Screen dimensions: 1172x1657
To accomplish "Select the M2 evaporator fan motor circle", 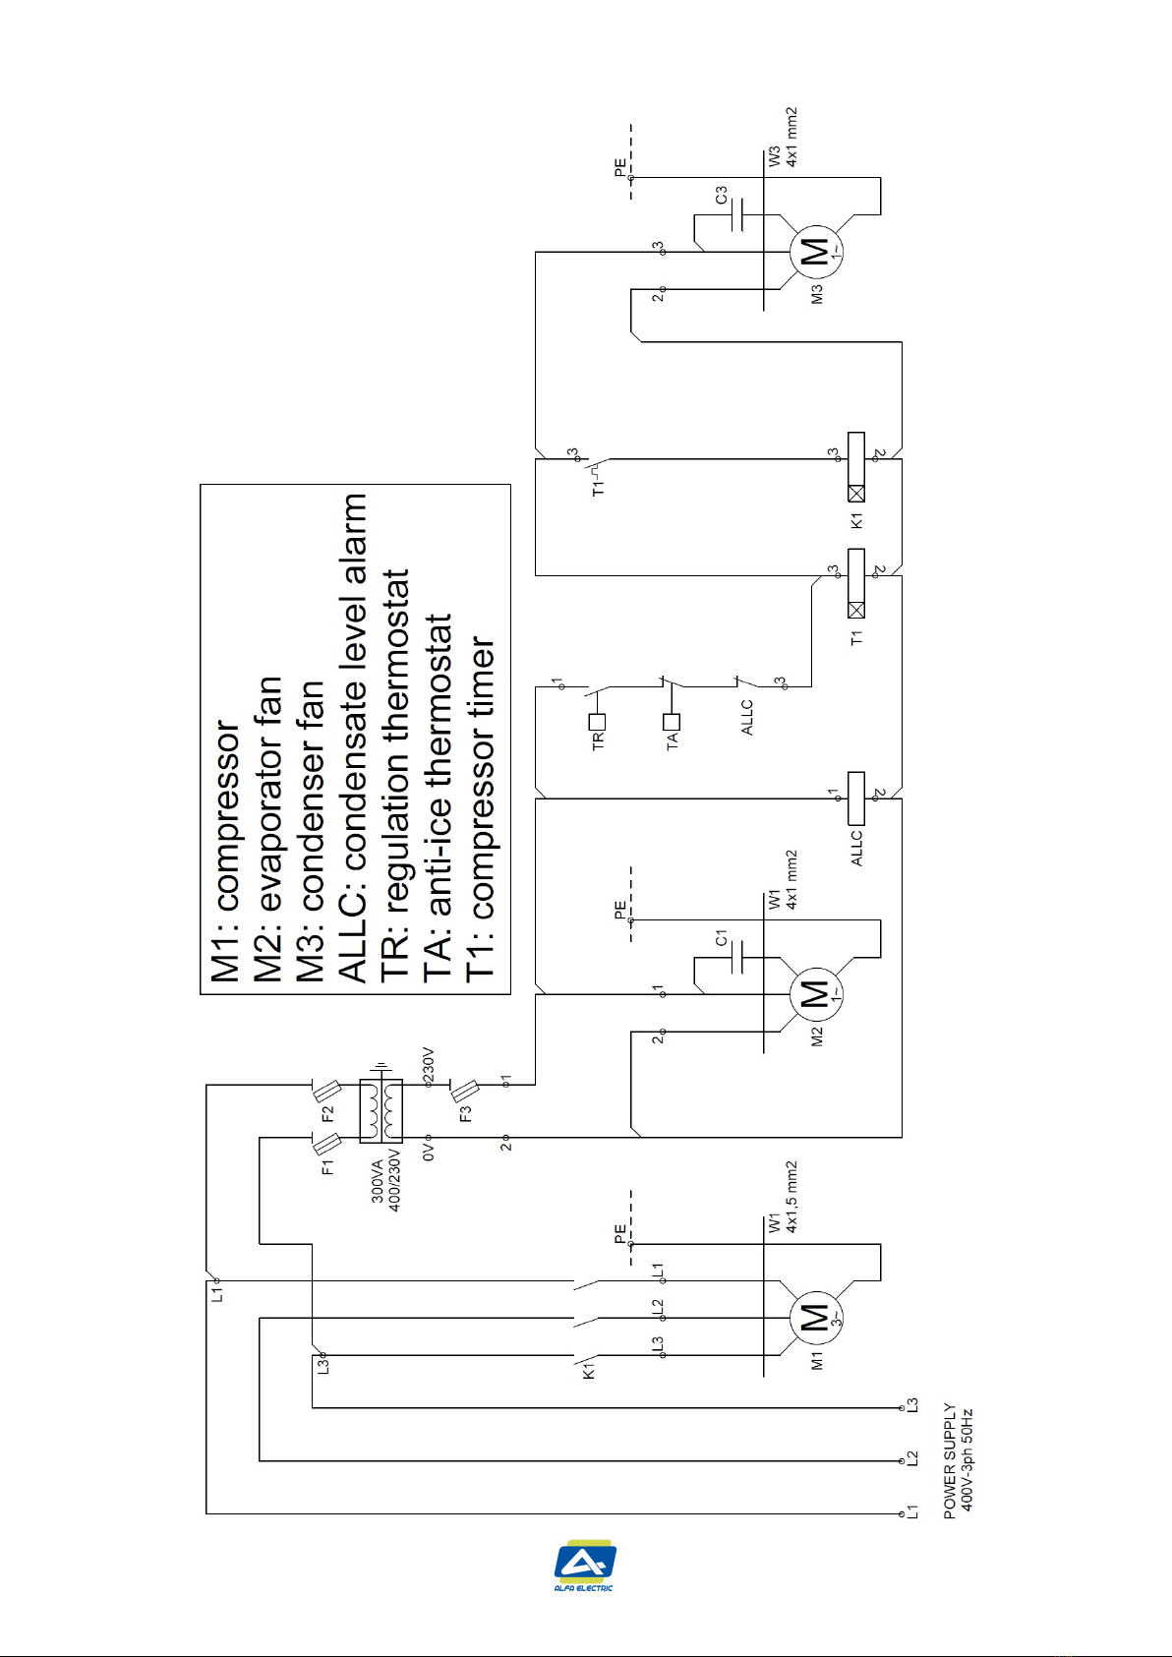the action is tap(816, 994).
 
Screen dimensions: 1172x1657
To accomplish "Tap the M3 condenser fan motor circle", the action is tap(816, 253).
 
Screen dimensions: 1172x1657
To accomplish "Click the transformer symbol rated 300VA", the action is tap(381, 1110).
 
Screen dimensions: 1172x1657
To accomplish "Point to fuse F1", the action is tap(326, 1144).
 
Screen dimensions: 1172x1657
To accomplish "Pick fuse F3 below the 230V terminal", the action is tap(464, 1091).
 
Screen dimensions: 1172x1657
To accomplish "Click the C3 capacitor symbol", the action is tap(736, 214).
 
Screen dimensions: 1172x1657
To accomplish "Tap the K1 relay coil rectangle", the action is tap(855, 467).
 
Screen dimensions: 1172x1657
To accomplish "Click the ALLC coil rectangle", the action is tap(855, 799).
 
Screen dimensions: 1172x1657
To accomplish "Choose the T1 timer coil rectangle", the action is tap(855, 583).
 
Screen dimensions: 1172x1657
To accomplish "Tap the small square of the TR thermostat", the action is tap(597, 721).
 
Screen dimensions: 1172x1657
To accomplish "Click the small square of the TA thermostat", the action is tap(671, 721).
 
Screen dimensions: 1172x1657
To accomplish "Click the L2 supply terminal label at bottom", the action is tap(912, 1458).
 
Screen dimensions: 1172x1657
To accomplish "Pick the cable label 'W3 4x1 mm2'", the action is tap(783, 137).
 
